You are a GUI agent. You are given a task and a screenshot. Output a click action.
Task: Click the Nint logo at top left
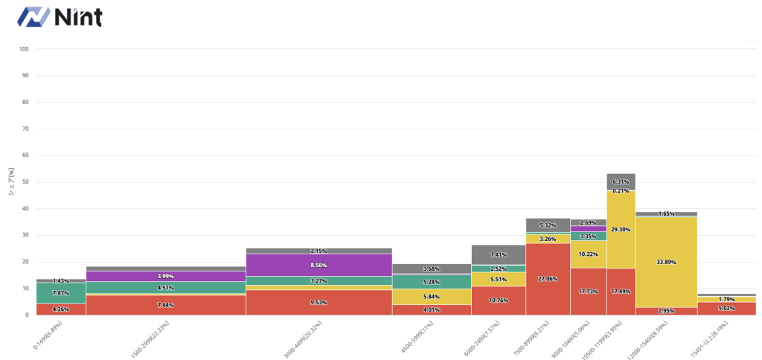point(60,16)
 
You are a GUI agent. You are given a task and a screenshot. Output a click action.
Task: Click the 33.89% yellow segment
point(666,261)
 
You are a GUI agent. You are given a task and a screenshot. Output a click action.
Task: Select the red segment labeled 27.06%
point(548,279)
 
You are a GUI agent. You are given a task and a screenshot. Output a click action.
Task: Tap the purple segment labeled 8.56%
point(318,265)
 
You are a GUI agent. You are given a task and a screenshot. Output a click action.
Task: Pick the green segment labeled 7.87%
point(61,293)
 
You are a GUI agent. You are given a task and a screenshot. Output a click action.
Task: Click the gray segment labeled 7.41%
point(499,255)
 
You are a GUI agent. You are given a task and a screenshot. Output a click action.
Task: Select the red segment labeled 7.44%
point(166,305)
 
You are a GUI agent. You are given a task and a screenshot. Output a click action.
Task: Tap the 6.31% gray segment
point(621,181)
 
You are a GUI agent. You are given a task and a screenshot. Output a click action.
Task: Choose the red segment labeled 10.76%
point(499,300)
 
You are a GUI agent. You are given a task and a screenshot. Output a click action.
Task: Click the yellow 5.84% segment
point(432,297)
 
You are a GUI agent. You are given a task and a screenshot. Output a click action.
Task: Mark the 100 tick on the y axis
point(24,49)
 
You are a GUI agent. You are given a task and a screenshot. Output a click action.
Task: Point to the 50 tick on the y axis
point(25,182)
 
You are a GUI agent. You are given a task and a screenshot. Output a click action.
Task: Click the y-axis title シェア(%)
point(10,181)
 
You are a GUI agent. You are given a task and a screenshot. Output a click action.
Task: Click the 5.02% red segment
point(716,308)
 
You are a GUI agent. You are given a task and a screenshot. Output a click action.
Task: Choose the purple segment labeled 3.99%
point(166,276)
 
